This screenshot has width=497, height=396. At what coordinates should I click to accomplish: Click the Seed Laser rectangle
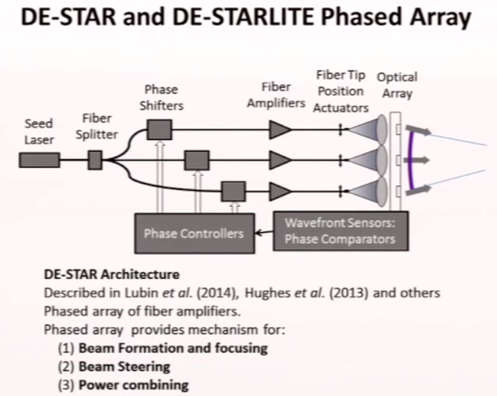coord(39,160)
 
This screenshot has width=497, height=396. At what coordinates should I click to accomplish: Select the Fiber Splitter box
coord(95,160)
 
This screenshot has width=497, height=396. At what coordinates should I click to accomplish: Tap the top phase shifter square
coord(159,130)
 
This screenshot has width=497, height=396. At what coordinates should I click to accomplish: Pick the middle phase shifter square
coord(197,160)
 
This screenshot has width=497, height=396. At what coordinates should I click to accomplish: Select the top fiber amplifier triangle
coord(280,130)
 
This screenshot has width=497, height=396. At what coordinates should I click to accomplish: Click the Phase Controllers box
coord(194,234)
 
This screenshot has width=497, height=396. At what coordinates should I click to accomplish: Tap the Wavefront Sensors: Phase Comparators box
coord(340,231)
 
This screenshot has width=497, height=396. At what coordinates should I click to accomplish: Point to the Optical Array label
coord(397,85)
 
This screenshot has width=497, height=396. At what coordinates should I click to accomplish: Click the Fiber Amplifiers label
coord(276,95)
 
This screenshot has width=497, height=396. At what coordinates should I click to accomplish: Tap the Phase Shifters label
coord(161,97)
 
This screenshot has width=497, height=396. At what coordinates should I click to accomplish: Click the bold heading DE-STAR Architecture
coord(111,274)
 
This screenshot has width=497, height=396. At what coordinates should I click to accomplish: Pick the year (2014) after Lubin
coord(218,293)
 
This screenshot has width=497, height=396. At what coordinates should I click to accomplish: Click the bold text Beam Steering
coord(124,367)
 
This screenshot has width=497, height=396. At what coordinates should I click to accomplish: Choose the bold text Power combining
coord(133,385)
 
